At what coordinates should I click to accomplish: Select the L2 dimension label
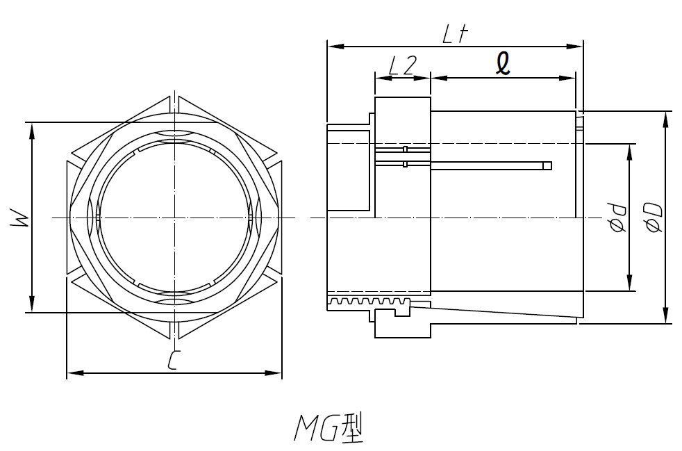point(401,65)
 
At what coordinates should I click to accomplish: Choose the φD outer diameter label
point(652,218)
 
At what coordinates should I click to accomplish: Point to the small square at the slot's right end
point(547,165)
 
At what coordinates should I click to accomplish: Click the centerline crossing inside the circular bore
point(174,218)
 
